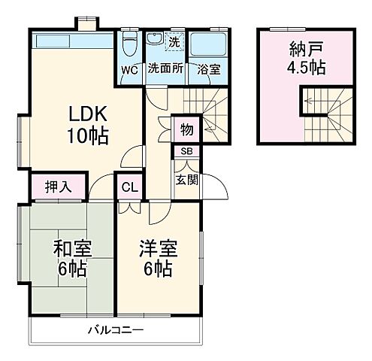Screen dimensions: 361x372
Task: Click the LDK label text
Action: tap(89, 115)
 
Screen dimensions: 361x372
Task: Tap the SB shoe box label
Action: tap(186, 151)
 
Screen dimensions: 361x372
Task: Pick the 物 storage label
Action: tap(186, 129)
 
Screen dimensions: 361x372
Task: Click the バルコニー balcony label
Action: tap(115, 329)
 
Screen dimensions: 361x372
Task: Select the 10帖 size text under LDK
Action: tap(89, 136)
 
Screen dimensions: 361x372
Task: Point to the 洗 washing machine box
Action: tap(174, 40)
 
